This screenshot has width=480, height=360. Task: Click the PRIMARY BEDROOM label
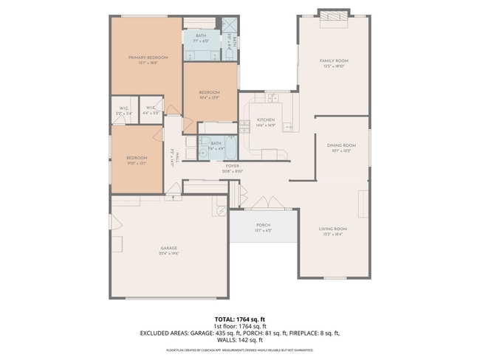coord(148,60)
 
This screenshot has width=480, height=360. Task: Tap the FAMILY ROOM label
coord(334,63)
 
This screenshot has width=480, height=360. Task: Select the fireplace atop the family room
coord(334,16)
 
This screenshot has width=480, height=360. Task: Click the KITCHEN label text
coord(266,122)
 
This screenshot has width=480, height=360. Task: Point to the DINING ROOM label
coord(341,148)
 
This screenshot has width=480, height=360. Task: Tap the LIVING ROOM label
coord(333,231)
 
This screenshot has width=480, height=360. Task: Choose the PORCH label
coord(264,226)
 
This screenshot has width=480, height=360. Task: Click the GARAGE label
coord(169,250)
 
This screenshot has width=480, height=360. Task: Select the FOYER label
coord(233,168)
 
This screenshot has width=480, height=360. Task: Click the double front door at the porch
coord(264,204)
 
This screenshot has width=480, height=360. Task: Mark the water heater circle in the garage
coord(220,210)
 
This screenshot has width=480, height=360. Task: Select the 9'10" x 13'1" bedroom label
coord(136,160)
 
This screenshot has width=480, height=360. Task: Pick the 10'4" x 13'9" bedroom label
coord(210,94)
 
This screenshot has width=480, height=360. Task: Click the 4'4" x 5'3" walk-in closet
coord(151,111)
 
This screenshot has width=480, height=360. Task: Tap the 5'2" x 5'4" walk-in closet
coord(124,111)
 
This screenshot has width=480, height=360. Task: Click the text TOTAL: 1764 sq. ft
coord(240,318)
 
